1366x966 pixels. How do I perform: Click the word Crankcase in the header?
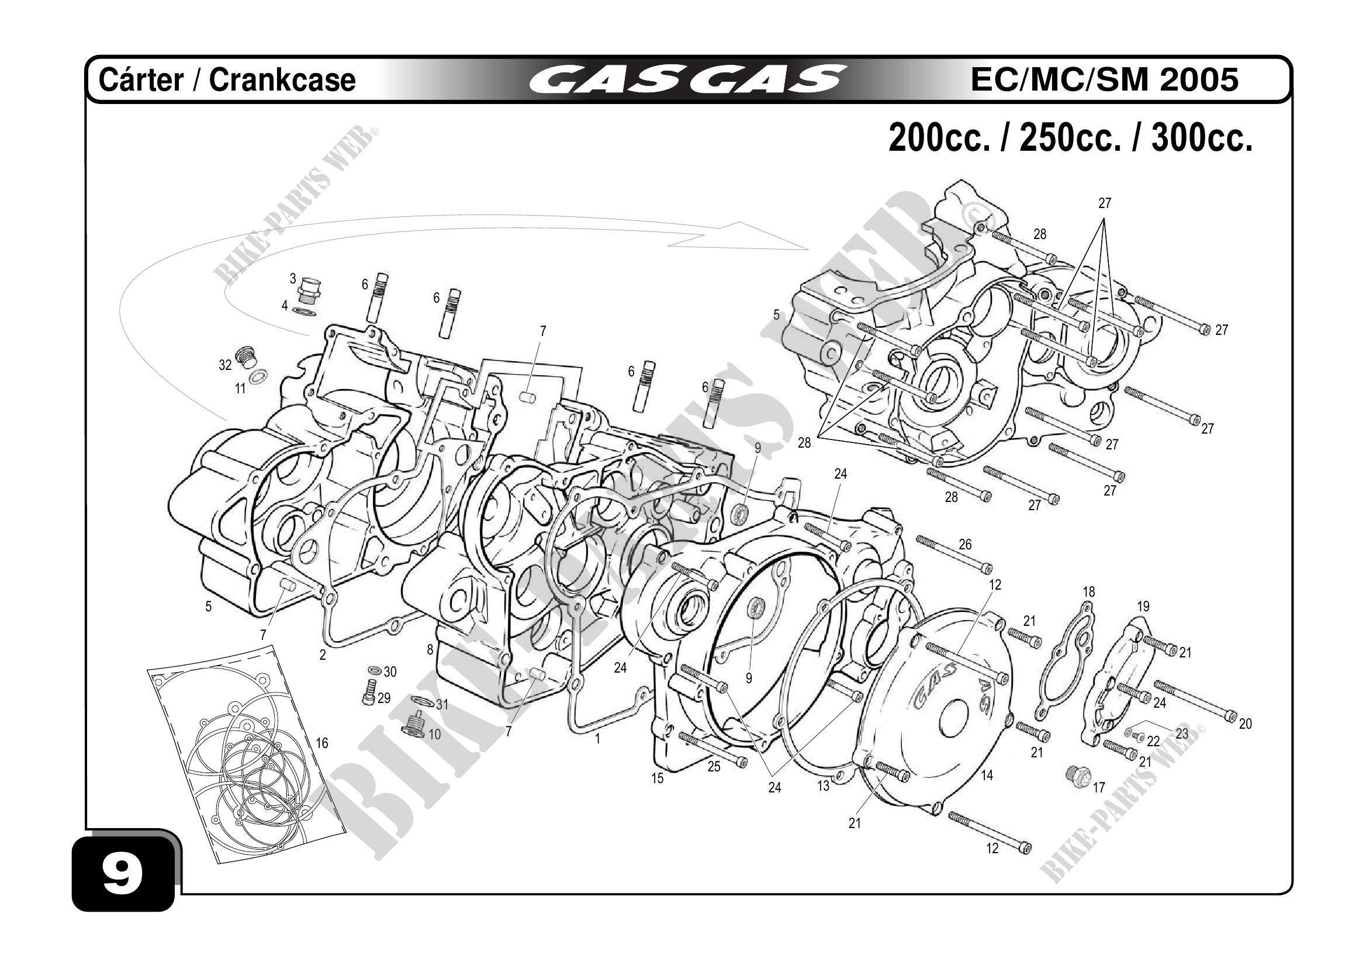click(282, 80)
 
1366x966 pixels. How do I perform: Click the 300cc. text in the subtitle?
click(1202, 138)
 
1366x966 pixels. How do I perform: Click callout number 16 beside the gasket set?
click(322, 743)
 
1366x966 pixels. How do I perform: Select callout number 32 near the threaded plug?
click(225, 365)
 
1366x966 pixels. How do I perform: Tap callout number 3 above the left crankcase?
click(293, 278)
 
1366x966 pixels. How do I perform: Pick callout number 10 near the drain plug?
click(435, 735)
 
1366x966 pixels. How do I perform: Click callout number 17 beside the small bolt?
click(1099, 788)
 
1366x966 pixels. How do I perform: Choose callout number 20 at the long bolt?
click(1245, 724)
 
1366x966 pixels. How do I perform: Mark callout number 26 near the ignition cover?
click(965, 544)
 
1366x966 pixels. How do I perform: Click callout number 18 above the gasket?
click(1089, 592)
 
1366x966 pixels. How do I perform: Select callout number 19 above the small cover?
click(1143, 607)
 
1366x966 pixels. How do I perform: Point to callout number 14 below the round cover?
click(987, 775)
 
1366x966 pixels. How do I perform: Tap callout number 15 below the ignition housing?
click(658, 778)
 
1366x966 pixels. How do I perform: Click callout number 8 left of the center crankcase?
click(430, 650)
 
